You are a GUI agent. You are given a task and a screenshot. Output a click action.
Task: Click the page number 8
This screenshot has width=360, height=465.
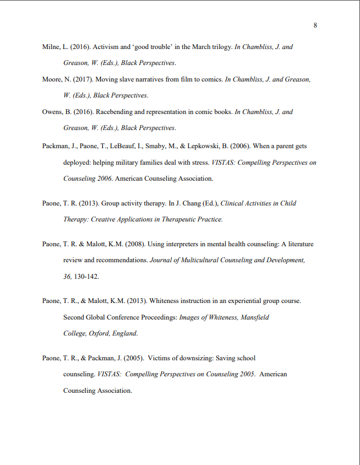[x=315, y=25]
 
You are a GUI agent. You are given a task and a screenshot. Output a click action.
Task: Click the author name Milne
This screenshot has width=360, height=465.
[x=51, y=47]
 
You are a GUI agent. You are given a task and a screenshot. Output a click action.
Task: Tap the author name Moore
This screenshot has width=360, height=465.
[x=52, y=79]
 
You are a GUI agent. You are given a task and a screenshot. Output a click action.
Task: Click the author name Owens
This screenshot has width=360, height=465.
[x=52, y=112]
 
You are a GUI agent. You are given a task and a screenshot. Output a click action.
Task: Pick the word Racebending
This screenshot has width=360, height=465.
[x=115, y=112]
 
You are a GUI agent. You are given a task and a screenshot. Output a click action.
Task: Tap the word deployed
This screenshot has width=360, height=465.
[x=76, y=163]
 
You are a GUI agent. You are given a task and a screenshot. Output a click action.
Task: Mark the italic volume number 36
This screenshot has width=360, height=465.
[x=67, y=275]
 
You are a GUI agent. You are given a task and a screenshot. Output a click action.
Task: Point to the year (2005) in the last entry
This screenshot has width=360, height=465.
[x=135, y=358]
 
